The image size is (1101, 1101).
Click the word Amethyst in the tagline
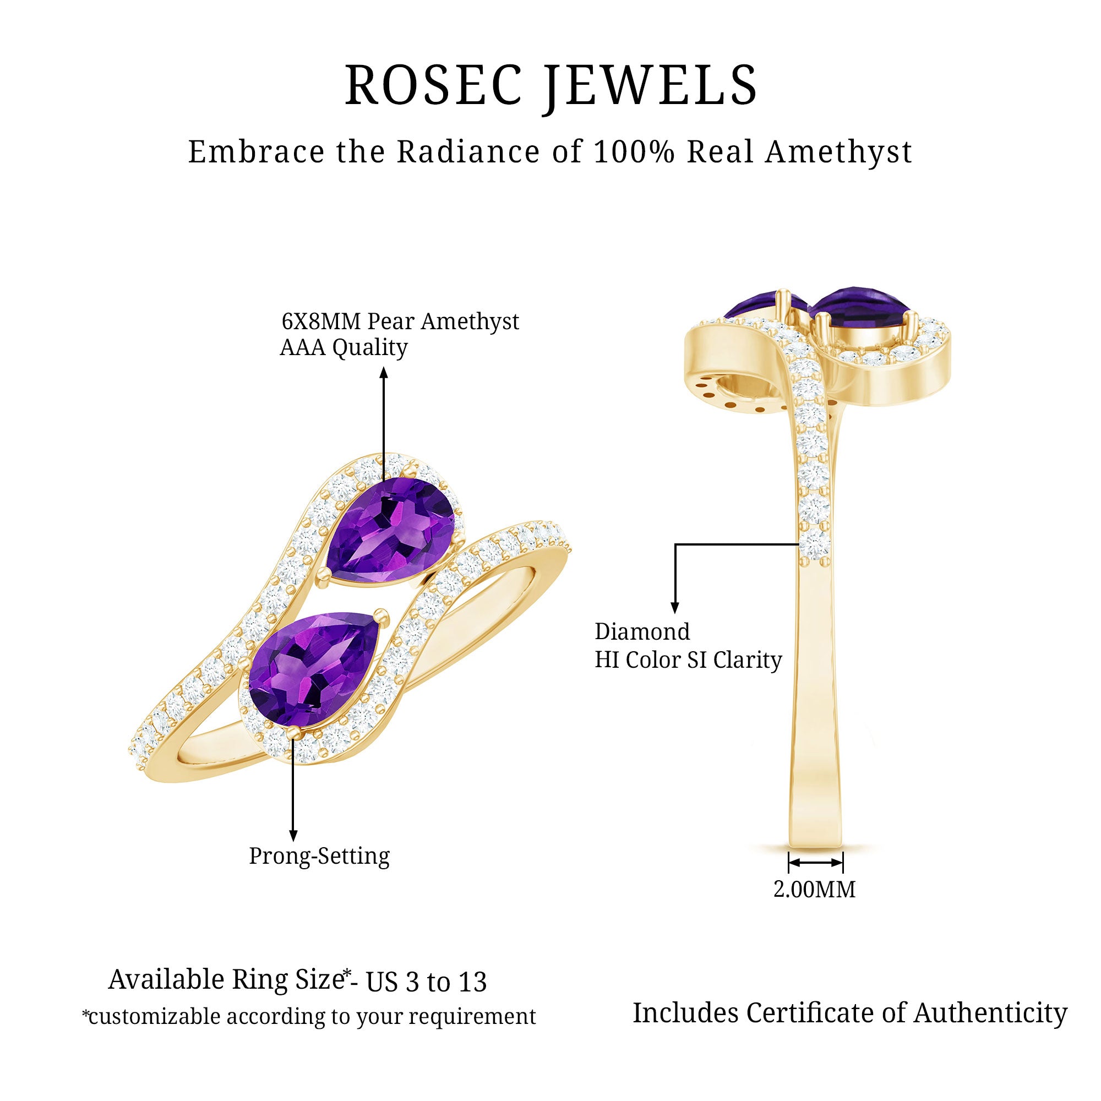tap(838, 152)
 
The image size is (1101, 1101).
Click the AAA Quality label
tap(344, 347)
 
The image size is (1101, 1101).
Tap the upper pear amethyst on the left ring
tap(392, 530)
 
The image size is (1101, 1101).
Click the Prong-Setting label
tap(319, 856)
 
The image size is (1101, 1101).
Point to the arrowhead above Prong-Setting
tap(293, 836)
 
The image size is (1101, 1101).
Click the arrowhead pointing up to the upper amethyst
tap(384, 373)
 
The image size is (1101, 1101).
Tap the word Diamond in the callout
tap(642, 631)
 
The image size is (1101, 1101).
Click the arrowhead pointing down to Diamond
tap(675, 608)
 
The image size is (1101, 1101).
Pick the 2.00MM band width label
tap(814, 890)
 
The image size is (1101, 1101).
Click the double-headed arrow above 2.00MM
tap(815, 862)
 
